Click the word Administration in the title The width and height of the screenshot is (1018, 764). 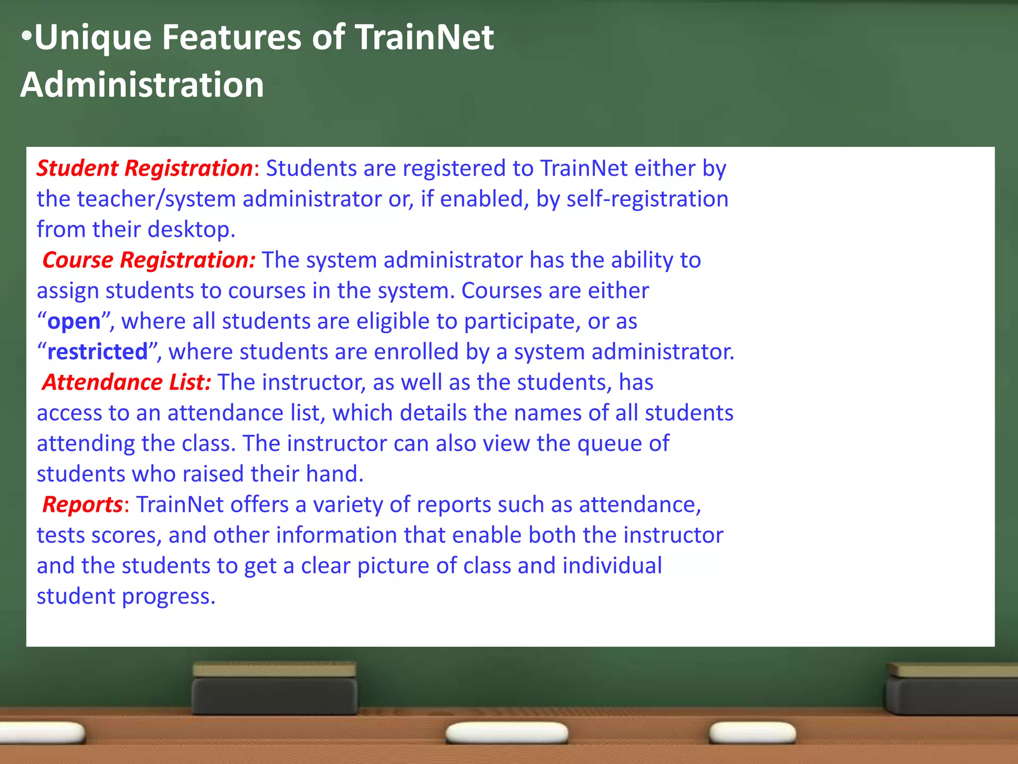[142, 85]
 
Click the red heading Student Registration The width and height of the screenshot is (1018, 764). [145, 168]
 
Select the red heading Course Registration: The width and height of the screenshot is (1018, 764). [149, 260]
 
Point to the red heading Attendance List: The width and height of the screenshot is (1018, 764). [127, 382]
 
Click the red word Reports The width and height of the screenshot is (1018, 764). [83, 505]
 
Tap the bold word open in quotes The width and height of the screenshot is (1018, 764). [74, 322]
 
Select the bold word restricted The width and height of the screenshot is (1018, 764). [97, 352]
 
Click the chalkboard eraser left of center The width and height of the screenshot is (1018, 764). [274, 689]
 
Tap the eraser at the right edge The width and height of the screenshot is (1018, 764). [952, 689]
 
